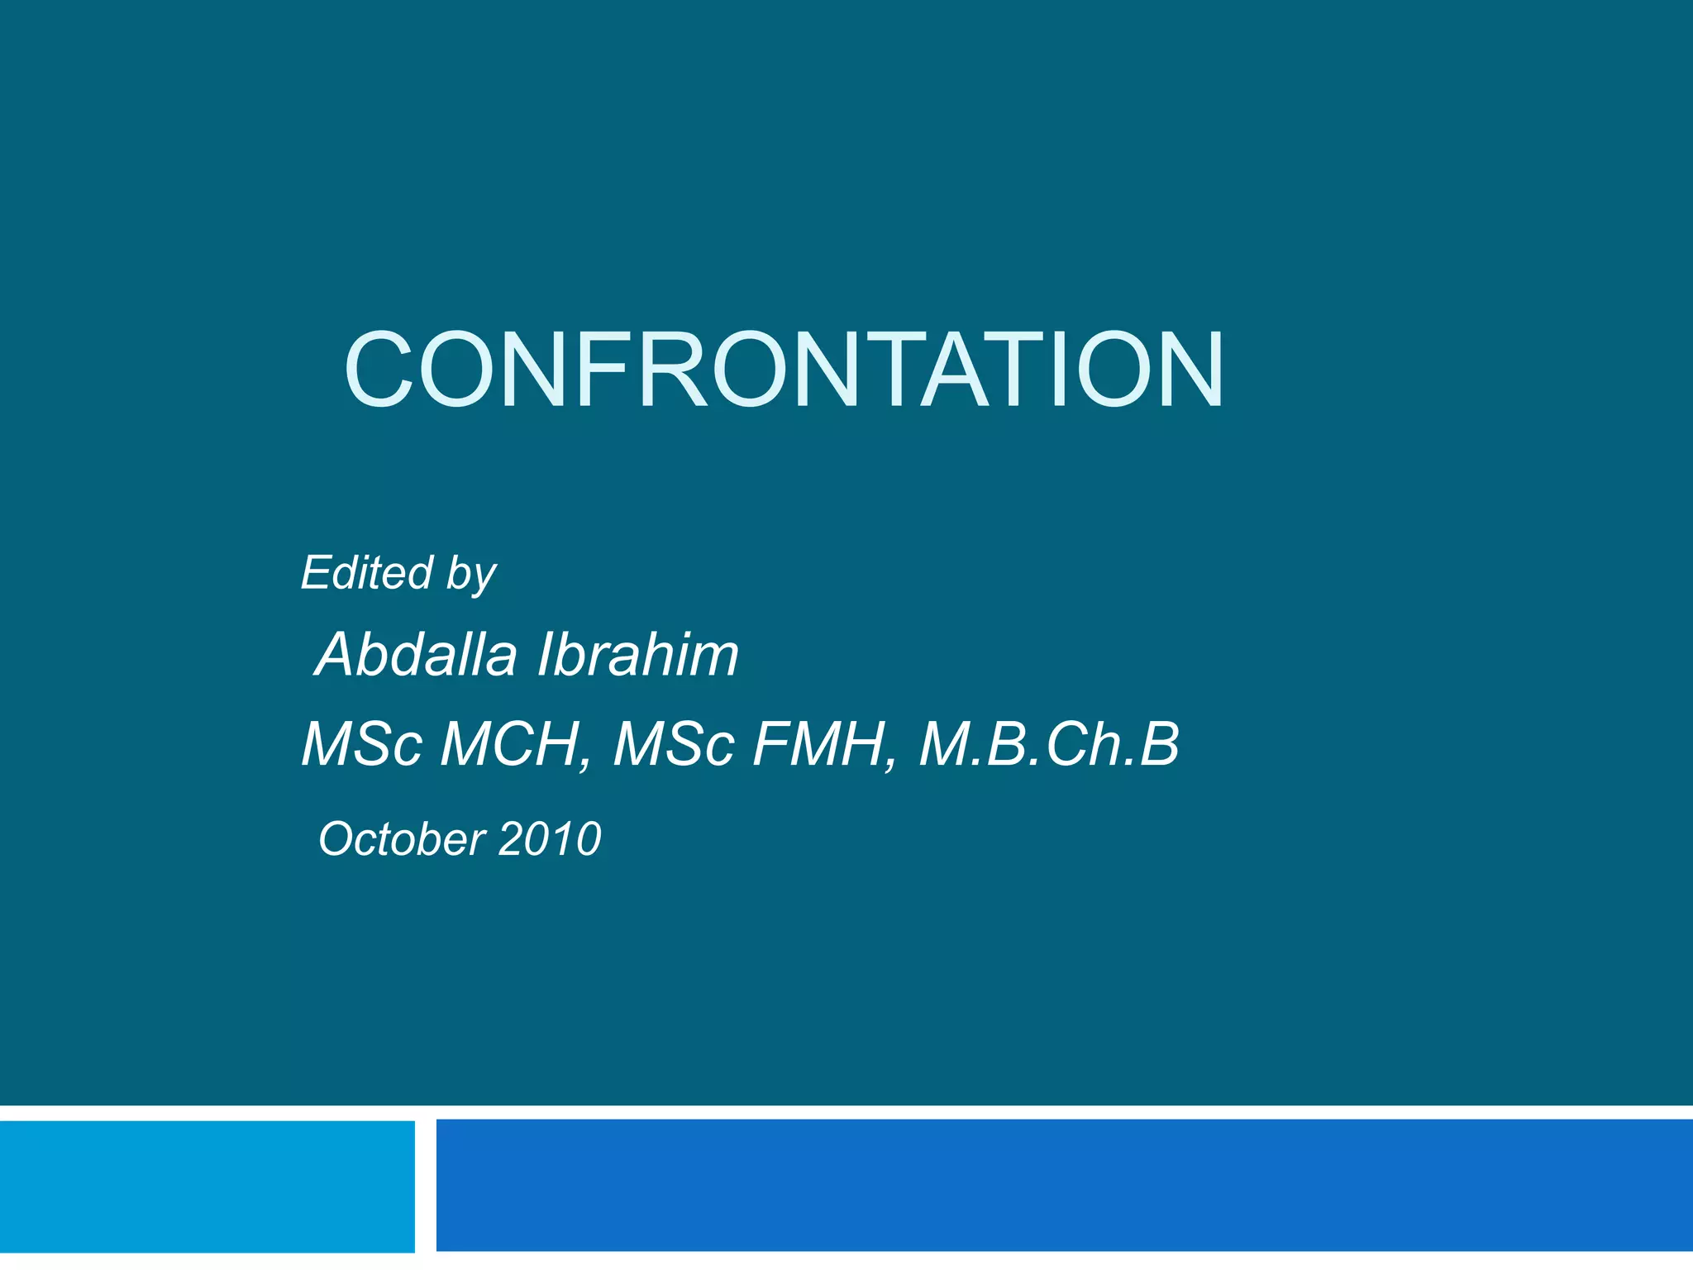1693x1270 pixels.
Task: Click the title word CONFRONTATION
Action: click(784, 370)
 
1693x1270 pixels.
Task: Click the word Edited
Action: click(366, 572)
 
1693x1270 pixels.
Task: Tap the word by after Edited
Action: click(471, 575)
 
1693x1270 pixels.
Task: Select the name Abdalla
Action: click(417, 654)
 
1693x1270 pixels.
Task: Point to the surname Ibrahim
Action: click(638, 654)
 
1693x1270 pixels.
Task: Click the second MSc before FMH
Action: click(673, 744)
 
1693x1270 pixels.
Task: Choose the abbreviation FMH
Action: click(818, 744)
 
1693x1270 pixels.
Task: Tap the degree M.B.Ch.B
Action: click(1048, 744)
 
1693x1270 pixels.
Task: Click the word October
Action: click(401, 838)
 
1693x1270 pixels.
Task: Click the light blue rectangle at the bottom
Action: click(207, 1186)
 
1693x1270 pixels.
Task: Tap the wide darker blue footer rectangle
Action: click(1064, 1184)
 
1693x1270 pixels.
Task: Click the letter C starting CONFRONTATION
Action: click(378, 370)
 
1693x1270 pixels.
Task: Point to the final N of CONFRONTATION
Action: click(1187, 370)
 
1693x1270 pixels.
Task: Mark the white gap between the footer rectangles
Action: click(425, 1186)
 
